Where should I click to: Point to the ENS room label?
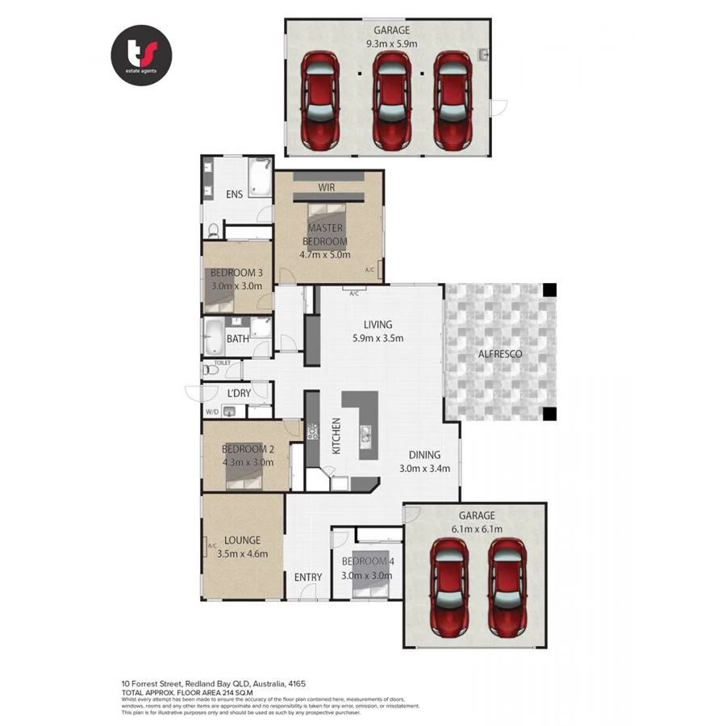(234, 194)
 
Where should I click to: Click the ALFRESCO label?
(500, 354)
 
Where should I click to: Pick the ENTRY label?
(308, 577)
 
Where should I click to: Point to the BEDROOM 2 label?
(248, 449)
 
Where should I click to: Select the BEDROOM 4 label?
(366, 561)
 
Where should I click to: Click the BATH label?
(238, 339)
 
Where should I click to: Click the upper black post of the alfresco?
(549, 290)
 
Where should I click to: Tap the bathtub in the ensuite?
(260, 177)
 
